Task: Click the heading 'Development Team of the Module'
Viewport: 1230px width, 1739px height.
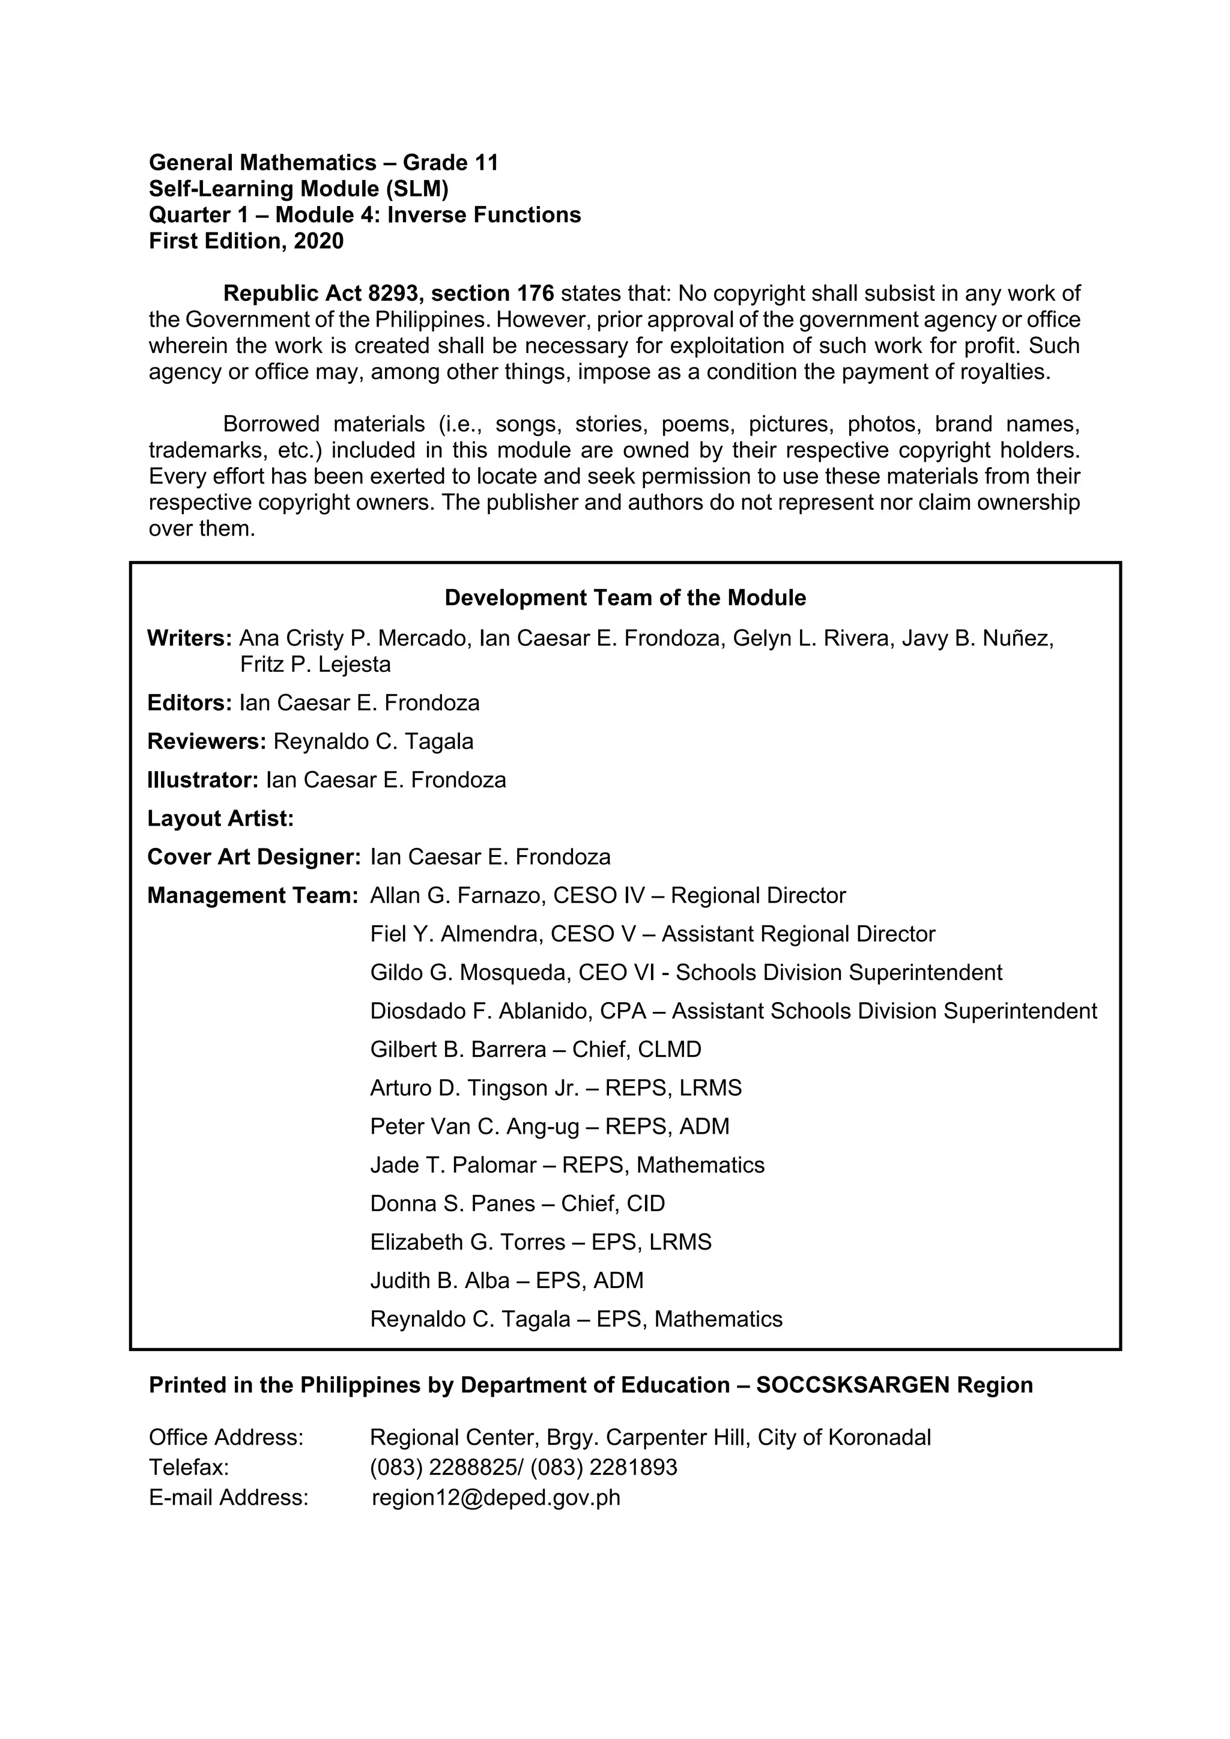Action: (x=625, y=598)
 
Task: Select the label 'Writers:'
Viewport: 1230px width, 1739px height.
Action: (x=189, y=638)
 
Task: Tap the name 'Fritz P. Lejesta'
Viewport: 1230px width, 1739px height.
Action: (x=315, y=665)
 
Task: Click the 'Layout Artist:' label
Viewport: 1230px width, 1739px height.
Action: (x=220, y=818)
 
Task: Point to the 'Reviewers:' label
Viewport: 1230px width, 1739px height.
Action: (x=207, y=742)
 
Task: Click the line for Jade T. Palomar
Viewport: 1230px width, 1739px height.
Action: (x=568, y=1165)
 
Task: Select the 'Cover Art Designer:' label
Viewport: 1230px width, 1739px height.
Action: (x=253, y=857)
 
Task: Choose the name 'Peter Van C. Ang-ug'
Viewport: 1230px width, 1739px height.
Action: (x=474, y=1127)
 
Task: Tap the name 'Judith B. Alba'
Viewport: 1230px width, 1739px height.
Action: (x=439, y=1281)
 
